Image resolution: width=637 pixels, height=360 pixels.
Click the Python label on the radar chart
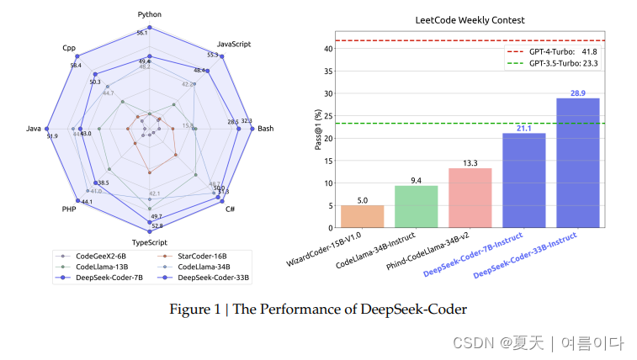click(149, 14)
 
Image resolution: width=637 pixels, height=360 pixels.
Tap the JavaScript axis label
click(234, 44)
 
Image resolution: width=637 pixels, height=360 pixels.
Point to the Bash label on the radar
click(265, 129)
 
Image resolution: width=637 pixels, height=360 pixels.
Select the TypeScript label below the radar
click(149, 241)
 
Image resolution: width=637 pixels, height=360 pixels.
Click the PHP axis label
click(69, 208)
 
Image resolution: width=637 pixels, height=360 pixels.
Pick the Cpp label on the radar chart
click(69, 47)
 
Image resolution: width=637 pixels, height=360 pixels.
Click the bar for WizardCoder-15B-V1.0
click(362, 216)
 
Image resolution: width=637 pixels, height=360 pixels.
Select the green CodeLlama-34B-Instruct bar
click(416, 207)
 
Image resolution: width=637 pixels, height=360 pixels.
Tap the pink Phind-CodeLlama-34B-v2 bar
click(470, 198)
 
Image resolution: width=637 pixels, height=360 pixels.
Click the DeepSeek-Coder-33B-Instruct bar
click(578, 163)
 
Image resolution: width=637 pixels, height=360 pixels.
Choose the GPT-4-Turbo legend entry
click(551, 51)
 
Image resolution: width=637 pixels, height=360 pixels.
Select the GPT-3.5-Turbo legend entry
click(551, 63)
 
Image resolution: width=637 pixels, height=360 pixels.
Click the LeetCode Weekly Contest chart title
click(470, 19)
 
